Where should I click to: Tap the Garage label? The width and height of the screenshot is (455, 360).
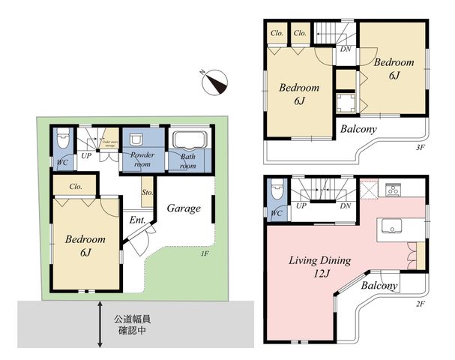(x=184, y=208)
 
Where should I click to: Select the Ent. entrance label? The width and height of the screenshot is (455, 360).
(x=137, y=220)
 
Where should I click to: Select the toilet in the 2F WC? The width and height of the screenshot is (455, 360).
(x=277, y=191)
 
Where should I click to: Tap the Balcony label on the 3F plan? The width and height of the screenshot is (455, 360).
(x=358, y=129)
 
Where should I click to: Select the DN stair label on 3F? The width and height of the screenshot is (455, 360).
(x=346, y=49)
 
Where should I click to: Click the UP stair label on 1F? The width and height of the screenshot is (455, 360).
(x=87, y=156)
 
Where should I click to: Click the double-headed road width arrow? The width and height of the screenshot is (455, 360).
(x=100, y=324)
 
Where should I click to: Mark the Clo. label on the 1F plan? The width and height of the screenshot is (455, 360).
(x=75, y=187)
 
